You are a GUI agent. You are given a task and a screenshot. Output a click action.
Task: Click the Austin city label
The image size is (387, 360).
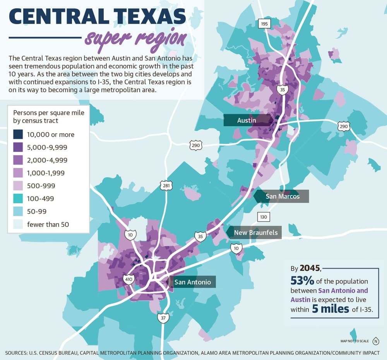[x=247, y=120]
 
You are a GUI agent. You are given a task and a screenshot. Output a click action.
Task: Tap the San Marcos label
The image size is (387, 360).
[x=283, y=196]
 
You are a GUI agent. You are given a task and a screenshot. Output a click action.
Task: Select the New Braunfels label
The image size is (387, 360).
[x=256, y=233]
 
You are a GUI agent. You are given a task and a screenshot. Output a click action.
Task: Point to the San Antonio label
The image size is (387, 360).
[x=192, y=282]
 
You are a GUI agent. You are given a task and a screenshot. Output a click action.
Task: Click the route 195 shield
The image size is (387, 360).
[x=264, y=24]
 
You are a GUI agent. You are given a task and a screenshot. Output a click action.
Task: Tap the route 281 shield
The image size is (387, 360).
[x=166, y=185]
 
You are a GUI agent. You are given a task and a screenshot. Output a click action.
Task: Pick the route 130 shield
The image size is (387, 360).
[x=264, y=217]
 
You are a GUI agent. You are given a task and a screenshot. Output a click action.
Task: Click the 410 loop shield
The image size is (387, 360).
[x=128, y=279]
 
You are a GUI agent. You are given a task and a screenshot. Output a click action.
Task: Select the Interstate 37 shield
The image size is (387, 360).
[x=163, y=317]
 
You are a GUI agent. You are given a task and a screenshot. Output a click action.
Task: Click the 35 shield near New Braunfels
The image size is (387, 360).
[x=200, y=236]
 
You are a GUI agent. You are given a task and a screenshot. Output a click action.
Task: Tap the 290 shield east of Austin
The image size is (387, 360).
[x=344, y=127]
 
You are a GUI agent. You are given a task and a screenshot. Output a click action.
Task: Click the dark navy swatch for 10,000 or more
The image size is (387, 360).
[x=18, y=134]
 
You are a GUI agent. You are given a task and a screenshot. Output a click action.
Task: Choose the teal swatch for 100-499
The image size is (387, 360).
[x=18, y=199]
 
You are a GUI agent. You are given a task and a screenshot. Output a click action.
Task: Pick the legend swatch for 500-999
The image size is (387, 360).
[x=18, y=186]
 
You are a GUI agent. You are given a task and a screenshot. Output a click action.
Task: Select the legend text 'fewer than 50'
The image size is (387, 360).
[x=48, y=225]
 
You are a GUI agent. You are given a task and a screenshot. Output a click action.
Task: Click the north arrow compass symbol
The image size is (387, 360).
[x=376, y=341]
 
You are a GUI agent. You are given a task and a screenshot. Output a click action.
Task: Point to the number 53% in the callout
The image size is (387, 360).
[x=302, y=281]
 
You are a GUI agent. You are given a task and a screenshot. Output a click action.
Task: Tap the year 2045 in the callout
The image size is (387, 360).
[x=310, y=268]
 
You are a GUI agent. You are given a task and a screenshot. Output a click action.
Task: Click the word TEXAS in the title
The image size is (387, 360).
[x=151, y=16]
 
